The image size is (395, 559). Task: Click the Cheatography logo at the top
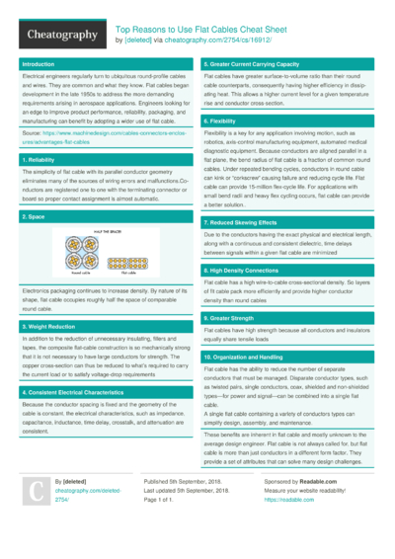tap(54, 35)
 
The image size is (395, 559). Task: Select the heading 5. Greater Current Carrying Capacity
tap(259, 63)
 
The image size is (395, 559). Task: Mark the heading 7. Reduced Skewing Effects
tap(247, 223)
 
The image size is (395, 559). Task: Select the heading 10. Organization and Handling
tap(257, 355)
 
